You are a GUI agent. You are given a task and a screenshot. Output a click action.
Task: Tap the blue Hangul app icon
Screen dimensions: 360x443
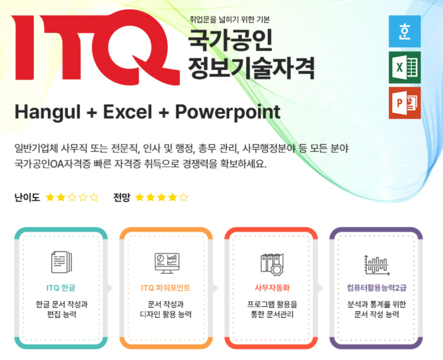(x=405, y=32)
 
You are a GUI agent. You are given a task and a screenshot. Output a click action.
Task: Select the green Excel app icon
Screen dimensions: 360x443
(x=405, y=67)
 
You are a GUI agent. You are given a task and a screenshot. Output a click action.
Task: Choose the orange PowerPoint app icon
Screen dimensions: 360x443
(x=405, y=103)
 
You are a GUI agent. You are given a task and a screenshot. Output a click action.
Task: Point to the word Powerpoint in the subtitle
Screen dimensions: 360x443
(x=228, y=112)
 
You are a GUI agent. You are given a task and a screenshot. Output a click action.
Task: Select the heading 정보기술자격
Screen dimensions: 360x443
(x=251, y=68)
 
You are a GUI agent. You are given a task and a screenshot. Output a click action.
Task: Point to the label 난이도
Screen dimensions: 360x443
(x=27, y=197)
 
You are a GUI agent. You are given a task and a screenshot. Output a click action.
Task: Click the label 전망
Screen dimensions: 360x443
(x=121, y=197)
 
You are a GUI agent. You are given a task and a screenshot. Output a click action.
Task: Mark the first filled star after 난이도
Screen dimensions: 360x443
(x=50, y=197)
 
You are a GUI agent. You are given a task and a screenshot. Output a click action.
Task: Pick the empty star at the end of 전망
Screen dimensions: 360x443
(x=183, y=197)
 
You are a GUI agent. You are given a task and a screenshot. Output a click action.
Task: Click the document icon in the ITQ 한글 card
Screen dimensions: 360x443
(x=61, y=261)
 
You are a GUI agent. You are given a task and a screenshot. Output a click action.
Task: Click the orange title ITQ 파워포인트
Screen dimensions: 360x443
(x=166, y=288)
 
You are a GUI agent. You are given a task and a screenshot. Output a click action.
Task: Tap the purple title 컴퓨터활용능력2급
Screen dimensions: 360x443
(x=376, y=288)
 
